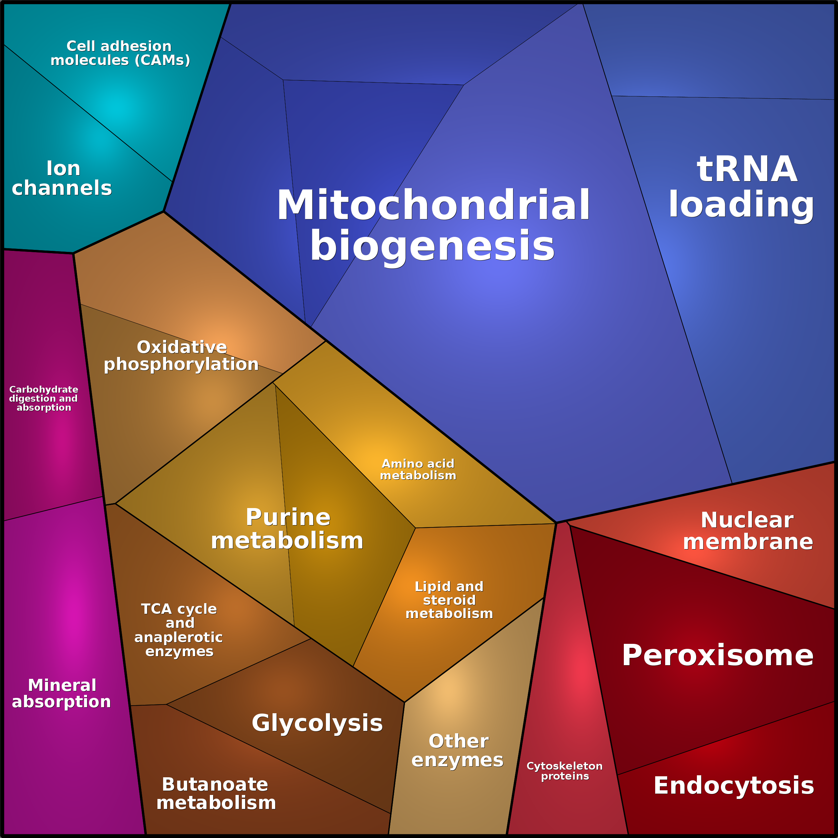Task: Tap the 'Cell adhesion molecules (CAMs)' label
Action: click(x=120, y=53)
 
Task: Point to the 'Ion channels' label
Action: click(x=62, y=178)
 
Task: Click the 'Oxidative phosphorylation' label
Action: click(x=181, y=356)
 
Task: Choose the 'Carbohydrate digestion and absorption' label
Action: click(x=44, y=398)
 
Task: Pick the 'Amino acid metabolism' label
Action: click(x=418, y=469)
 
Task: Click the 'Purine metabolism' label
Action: click(x=287, y=529)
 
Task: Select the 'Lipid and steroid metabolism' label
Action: click(x=449, y=600)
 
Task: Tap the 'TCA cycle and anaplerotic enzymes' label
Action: click(x=179, y=630)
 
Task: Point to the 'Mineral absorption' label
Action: click(x=62, y=693)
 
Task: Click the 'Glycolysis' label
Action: click(x=317, y=723)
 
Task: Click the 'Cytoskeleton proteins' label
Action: click(x=565, y=771)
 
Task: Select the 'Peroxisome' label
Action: click(x=718, y=656)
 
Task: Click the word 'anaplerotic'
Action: click(x=179, y=637)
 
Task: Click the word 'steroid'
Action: click(x=449, y=600)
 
